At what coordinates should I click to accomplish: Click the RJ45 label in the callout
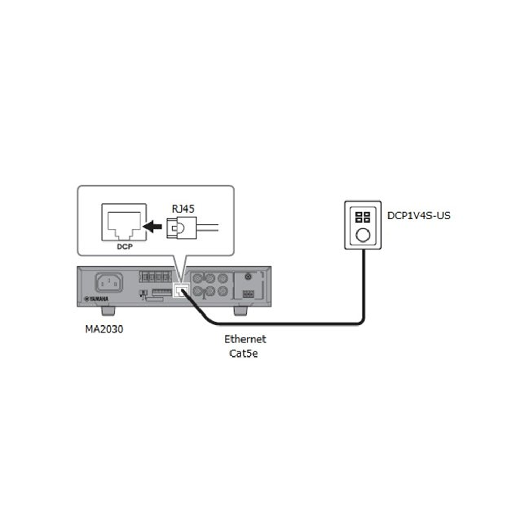tap(183, 208)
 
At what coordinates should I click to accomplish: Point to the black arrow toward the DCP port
tap(153, 226)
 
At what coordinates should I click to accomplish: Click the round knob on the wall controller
tap(362, 235)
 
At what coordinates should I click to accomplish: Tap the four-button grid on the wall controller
tap(362, 216)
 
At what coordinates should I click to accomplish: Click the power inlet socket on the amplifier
tap(108, 283)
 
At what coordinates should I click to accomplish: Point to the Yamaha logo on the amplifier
tap(97, 299)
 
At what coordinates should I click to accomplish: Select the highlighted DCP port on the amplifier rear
tap(180, 291)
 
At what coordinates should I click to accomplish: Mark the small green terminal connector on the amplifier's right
tap(248, 292)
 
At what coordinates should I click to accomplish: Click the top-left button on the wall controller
tap(359, 213)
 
